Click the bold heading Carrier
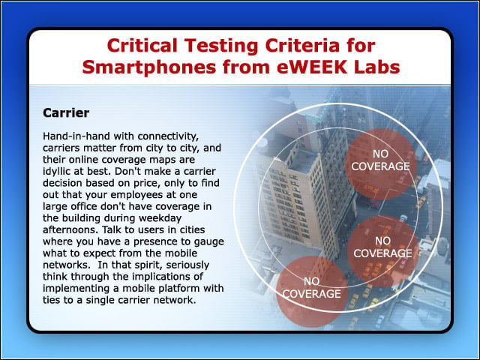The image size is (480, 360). [x=66, y=113]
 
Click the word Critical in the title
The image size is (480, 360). [x=142, y=45]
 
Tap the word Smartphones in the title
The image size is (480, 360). [x=149, y=67]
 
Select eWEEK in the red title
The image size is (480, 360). [x=312, y=67]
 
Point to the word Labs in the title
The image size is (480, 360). [x=376, y=67]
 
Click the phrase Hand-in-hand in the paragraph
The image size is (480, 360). [x=76, y=136]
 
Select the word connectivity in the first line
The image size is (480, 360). [x=168, y=136]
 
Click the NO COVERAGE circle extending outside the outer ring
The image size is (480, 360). [x=312, y=291]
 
